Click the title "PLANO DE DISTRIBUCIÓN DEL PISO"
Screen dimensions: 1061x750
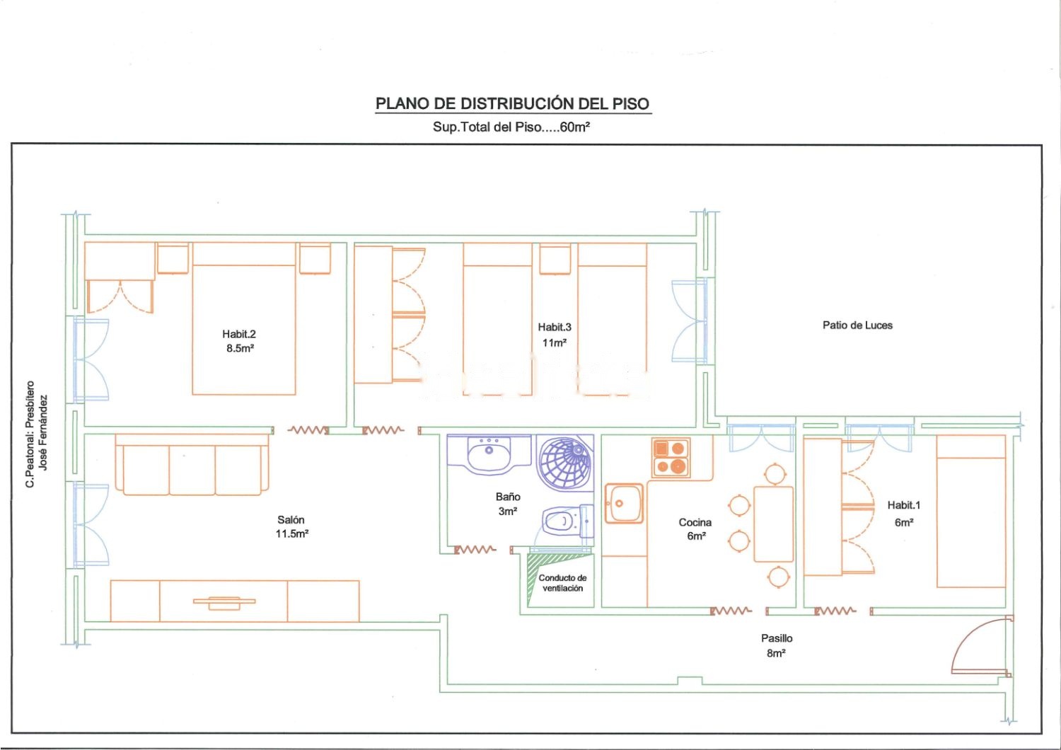(513, 103)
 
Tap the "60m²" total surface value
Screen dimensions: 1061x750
(574, 127)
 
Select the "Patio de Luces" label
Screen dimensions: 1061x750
(857, 325)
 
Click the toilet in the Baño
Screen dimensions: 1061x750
(568, 521)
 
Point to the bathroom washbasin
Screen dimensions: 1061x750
(489, 454)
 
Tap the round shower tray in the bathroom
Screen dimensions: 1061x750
(565, 463)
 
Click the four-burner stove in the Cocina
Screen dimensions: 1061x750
(671, 457)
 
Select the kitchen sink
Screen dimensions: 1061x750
(624, 503)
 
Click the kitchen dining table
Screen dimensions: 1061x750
(774, 524)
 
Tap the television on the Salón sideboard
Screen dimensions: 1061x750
(224, 602)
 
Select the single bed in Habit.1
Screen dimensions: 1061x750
(971, 512)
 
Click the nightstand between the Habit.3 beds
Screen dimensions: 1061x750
(555, 259)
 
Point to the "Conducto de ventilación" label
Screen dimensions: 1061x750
(563, 583)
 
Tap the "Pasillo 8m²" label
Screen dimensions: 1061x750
(777, 645)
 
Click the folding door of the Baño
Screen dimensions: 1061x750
(475, 550)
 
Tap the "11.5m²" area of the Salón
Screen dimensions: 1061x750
(292, 534)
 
